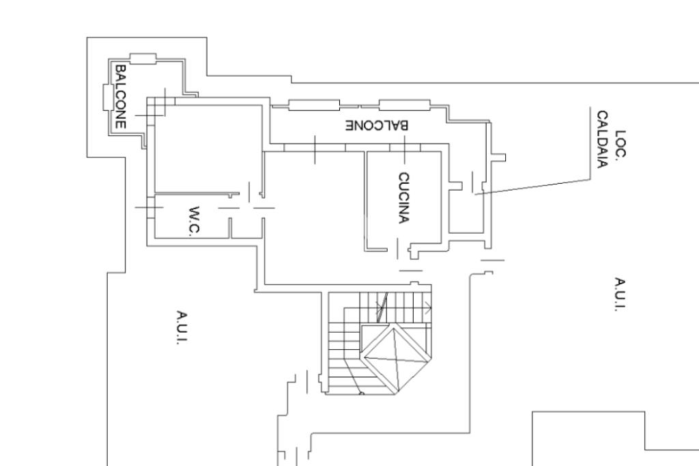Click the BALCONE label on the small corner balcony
tap(121, 96)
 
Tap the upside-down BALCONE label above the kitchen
tap(376, 126)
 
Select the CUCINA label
tap(404, 197)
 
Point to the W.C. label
tap(194, 221)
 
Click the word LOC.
tap(620, 144)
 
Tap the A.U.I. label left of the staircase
tap(182, 328)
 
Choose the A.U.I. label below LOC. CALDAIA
tap(620, 294)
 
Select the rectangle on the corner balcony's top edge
tap(143, 58)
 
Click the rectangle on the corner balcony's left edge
tap(107, 96)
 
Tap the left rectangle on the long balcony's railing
tap(314, 105)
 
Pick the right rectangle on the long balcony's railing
tap(405, 105)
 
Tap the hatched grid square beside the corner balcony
tap(156, 106)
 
